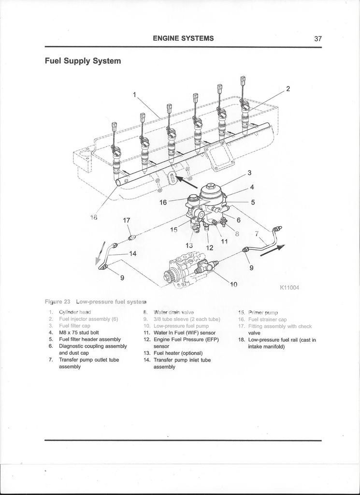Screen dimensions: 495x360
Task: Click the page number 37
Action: [x=317, y=39]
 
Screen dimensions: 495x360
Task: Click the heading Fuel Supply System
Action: [x=83, y=61]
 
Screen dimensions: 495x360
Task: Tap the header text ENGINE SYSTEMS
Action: [x=183, y=38]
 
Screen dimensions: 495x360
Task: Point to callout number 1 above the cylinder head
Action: [x=135, y=95]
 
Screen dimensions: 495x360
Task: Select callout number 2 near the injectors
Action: [x=288, y=88]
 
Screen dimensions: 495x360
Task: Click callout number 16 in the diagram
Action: [x=163, y=203]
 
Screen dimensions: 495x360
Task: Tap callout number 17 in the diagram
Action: [x=127, y=220]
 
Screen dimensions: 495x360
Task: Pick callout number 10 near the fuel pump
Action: [x=233, y=284]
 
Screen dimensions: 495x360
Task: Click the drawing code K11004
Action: [x=289, y=288]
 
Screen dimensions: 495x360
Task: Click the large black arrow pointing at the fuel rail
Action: [x=186, y=182]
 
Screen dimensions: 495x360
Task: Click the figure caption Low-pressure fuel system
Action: [x=104, y=302]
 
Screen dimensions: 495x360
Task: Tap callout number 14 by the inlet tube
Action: [x=132, y=253]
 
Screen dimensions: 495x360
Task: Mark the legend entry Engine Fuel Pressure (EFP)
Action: [x=186, y=339]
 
